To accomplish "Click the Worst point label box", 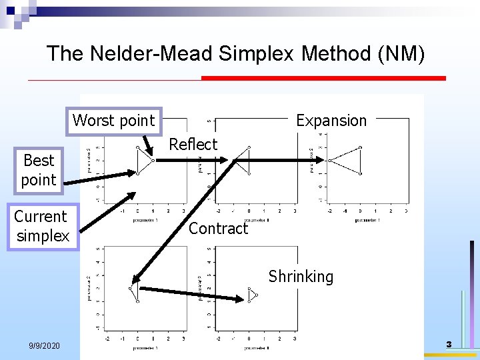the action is [113, 121].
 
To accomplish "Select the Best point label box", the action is [39, 170].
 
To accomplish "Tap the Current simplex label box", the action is [41, 226].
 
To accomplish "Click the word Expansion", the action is [331, 121].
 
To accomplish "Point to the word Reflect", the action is [193, 144].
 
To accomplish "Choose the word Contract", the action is [218, 229].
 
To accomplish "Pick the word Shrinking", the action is [301, 276].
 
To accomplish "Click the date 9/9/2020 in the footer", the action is [45, 345].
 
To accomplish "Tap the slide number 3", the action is [449, 345].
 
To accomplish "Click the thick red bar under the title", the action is [323, 78].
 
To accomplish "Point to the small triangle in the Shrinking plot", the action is [252, 295].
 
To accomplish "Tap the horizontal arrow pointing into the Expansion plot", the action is [280, 160].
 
